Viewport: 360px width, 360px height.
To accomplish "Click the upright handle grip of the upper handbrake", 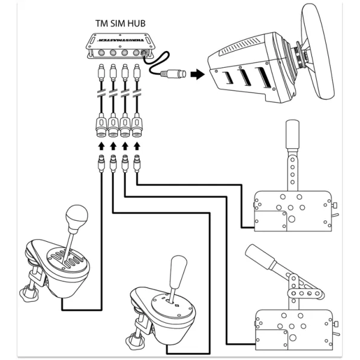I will [x=292, y=131].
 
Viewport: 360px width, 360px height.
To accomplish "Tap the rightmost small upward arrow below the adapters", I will [x=137, y=146].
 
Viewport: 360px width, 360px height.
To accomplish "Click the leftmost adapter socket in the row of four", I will [x=101, y=128].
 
